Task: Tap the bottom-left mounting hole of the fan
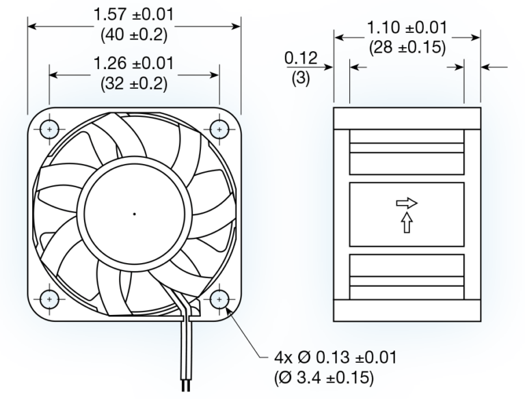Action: (50, 299)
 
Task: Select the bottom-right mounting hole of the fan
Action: (219, 299)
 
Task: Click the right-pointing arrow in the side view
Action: (405, 203)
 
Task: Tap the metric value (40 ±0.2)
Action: (134, 33)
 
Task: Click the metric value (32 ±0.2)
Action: (134, 85)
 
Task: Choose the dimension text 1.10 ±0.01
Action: (407, 28)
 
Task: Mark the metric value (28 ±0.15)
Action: (407, 49)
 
